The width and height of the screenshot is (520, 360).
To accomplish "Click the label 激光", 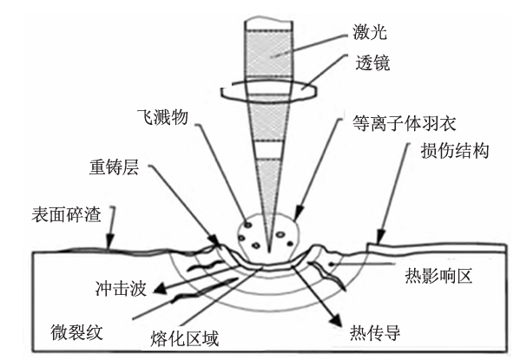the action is pyautogui.click(x=370, y=32).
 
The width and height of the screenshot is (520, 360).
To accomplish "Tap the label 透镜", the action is pyautogui.click(x=372, y=62).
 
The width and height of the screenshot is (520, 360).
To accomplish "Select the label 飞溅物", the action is pyautogui.click(x=163, y=117).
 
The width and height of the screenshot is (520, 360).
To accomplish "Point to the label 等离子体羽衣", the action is pyautogui.click(x=405, y=123).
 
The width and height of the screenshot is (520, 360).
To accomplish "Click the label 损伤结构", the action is pyautogui.click(x=455, y=150).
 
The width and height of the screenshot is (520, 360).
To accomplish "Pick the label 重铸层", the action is pyautogui.click(x=114, y=167).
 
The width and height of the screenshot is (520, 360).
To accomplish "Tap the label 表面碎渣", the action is pyautogui.click(x=66, y=214).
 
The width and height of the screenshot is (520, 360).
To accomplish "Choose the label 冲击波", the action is pyautogui.click(x=121, y=288).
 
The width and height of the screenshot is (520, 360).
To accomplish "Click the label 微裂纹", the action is pyautogui.click(x=76, y=332).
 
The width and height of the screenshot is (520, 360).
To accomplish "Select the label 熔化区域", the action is pyautogui.click(x=184, y=338).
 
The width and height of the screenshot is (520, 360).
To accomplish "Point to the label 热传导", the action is pyautogui.click(x=375, y=332).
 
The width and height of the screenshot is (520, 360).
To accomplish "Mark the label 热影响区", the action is pyautogui.click(x=438, y=276).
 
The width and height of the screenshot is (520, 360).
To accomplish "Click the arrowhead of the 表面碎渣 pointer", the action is pyautogui.click(x=109, y=241).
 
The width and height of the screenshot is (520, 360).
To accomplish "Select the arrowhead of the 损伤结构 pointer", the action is pyautogui.click(x=381, y=237).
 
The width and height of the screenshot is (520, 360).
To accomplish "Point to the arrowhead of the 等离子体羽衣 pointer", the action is pyautogui.click(x=299, y=213).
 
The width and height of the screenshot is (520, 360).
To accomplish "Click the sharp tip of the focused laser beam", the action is pyautogui.click(x=268, y=252).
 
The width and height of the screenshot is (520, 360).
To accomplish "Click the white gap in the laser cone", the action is pyautogui.click(x=269, y=150).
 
